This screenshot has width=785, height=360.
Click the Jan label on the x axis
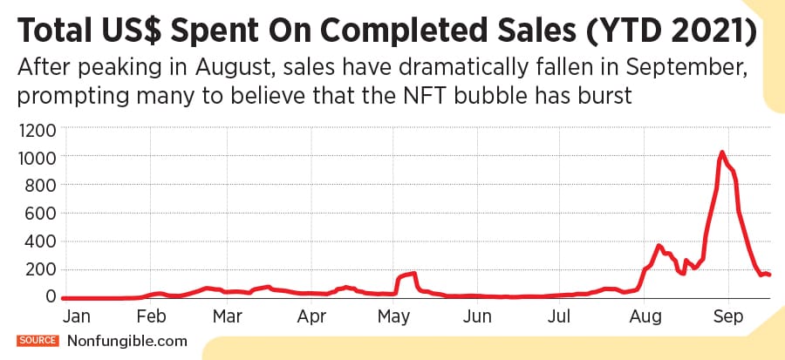[x=73, y=316]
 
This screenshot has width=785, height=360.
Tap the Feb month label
[x=152, y=316]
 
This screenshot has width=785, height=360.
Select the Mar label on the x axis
[x=228, y=316]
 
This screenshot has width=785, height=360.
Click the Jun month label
[x=476, y=316]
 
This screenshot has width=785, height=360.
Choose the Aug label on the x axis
[x=645, y=316]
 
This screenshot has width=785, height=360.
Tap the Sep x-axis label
[x=728, y=316]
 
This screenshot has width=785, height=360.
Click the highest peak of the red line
[x=721, y=153]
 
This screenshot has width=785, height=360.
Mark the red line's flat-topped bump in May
[x=406, y=275]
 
